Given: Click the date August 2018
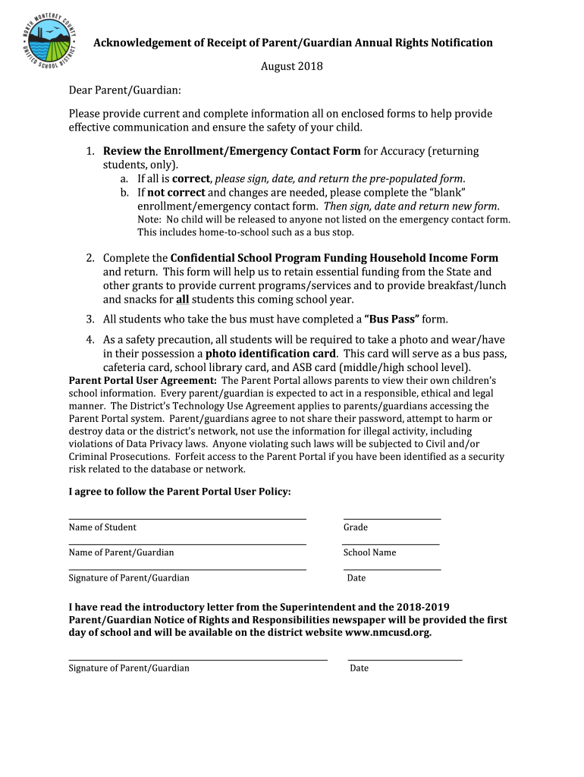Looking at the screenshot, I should pos(292,67).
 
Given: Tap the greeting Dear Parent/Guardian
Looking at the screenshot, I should pos(124,90).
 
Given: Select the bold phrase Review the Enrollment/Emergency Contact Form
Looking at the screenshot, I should pos(232,151).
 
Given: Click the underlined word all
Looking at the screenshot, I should pos(193,300).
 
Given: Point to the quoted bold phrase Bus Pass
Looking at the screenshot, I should pos(387,319).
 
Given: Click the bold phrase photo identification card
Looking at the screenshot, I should pos(271,354).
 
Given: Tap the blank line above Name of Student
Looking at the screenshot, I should pos(187,519).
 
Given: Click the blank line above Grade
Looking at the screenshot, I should pos(391,519).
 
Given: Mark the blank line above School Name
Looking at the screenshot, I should pos(391,544).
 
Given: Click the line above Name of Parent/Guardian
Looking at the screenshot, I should pos(187,544).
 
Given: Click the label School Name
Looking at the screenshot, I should pos(369,552).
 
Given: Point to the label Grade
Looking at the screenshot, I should pos(356,527).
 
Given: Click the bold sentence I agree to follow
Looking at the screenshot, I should pos(180,492).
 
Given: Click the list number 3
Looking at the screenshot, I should pos(89,319).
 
